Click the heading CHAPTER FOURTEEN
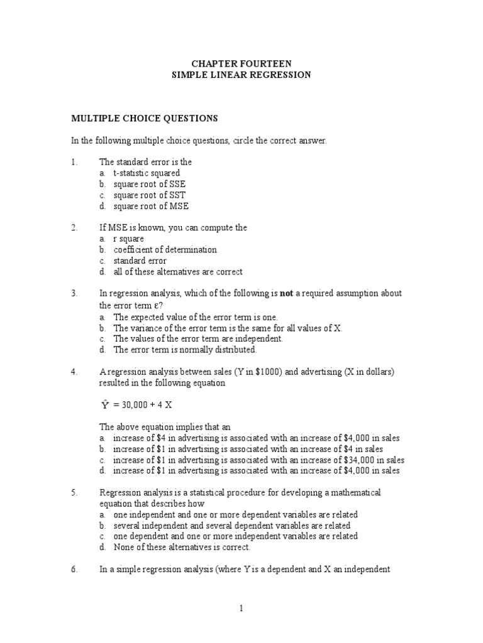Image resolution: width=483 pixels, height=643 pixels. [241, 63]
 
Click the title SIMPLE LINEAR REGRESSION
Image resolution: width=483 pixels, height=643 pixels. [241, 75]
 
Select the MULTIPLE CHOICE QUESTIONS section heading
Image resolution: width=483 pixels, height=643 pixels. [144, 118]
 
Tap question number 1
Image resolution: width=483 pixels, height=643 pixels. [74, 162]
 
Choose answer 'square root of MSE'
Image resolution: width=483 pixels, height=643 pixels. [151, 206]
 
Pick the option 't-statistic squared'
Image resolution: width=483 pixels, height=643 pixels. [147, 173]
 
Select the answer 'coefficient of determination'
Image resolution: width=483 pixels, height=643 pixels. [165, 250]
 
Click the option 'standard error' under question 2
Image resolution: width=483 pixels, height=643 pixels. [140, 261]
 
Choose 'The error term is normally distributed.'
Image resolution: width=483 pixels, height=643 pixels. [185, 350]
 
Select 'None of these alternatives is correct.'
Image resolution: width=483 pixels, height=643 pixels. [182, 548]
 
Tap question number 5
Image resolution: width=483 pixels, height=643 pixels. [74, 492]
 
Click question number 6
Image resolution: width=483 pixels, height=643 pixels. [74, 570]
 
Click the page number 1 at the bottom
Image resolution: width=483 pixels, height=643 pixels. [241, 608]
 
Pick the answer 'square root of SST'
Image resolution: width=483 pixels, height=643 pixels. [150, 195]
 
